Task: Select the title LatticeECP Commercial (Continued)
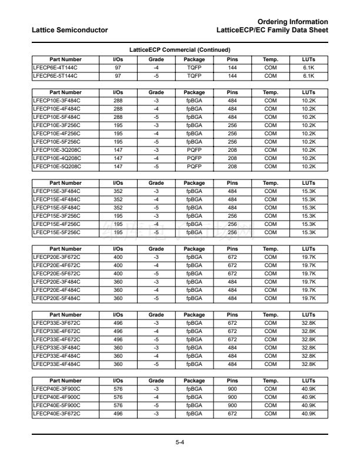click(x=179, y=50)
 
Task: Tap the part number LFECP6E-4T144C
click(x=55, y=68)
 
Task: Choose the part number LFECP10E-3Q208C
click(x=57, y=150)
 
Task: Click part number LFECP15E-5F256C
click(x=57, y=232)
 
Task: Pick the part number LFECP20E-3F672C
click(x=57, y=257)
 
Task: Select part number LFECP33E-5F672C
click(x=57, y=339)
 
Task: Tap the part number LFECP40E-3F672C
click(x=57, y=414)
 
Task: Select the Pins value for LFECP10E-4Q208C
click(x=232, y=158)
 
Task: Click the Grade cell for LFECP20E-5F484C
click(x=156, y=298)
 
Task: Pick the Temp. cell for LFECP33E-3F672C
click(x=271, y=323)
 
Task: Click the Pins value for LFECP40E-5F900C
click(x=232, y=405)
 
